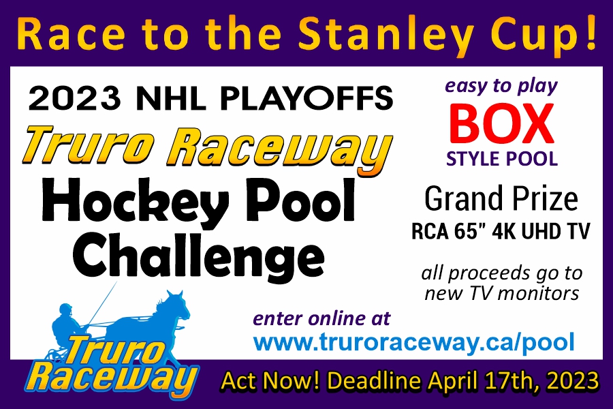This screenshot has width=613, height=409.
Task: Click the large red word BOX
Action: pyautogui.click(x=501, y=125)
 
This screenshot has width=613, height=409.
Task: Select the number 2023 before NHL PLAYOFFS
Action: pyautogui.click(x=71, y=100)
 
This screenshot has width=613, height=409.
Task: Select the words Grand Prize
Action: pyautogui.click(x=501, y=200)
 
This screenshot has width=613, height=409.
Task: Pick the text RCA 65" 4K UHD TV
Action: pyautogui.click(x=501, y=232)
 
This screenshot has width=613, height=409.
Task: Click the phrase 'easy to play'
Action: pyautogui.click(x=501, y=87)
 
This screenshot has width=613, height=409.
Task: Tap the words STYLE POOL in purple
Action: pyautogui.click(x=501, y=159)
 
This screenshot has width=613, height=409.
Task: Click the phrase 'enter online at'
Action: pyautogui.click(x=322, y=318)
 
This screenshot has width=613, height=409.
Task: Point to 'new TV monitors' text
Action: pyautogui.click(x=501, y=294)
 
